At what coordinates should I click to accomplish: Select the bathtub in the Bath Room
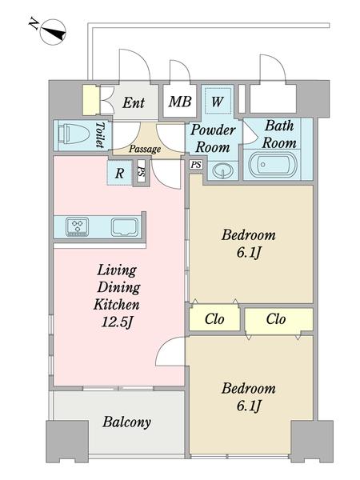click(x=273, y=166)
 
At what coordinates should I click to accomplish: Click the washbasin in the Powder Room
click(x=222, y=170)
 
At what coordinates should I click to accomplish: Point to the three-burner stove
click(x=77, y=227)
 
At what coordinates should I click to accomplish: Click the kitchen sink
click(x=124, y=227)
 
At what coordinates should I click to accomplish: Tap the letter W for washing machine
click(x=217, y=102)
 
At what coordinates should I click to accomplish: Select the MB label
click(x=180, y=102)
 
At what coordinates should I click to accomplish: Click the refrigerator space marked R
click(x=119, y=174)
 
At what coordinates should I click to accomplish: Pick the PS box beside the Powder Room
click(x=196, y=165)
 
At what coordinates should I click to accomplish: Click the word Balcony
click(x=126, y=422)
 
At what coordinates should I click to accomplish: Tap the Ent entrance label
click(x=134, y=102)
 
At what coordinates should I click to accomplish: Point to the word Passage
click(x=145, y=149)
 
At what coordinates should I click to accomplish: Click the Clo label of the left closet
click(x=214, y=319)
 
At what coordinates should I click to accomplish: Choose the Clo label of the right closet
click(x=276, y=319)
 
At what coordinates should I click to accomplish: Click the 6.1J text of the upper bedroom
click(x=249, y=253)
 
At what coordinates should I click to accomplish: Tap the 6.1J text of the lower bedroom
click(x=249, y=406)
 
